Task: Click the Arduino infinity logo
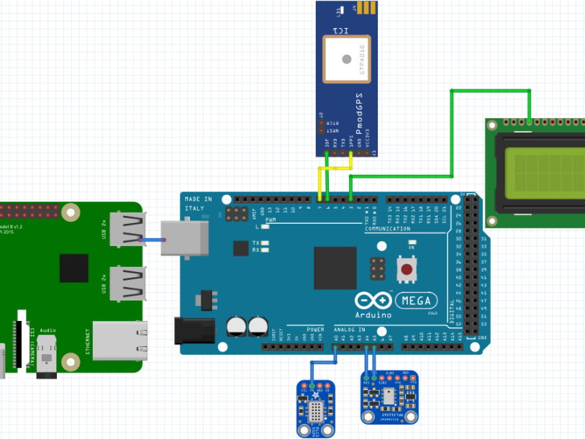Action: [373, 300]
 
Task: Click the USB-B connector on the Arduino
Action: [184, 238]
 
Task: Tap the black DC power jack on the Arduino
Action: [194, 330]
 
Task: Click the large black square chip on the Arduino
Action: [335, 268]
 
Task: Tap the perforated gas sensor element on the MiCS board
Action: [316, 411]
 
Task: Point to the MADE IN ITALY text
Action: [198, 204]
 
